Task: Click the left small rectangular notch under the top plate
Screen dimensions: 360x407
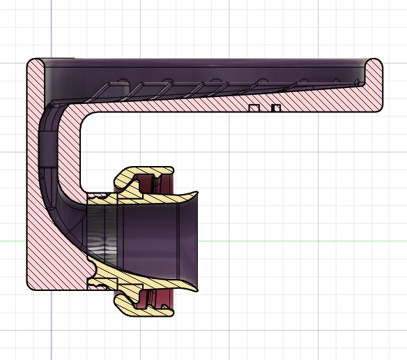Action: [255, 107]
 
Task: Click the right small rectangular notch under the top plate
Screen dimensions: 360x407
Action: [276, 107]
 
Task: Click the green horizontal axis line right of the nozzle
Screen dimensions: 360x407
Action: [300, 241]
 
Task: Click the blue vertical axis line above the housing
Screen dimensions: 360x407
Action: [52, 28]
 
